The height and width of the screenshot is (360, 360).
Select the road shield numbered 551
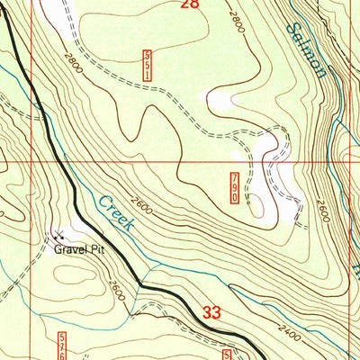[x=147, y=66]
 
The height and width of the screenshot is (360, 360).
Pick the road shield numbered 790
[x=236, y=187]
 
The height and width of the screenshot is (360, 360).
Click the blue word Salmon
[x=306, y=49]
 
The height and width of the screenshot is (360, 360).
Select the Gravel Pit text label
[x=78, y=250]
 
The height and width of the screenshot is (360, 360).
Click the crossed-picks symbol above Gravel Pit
[x=59, y=237]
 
